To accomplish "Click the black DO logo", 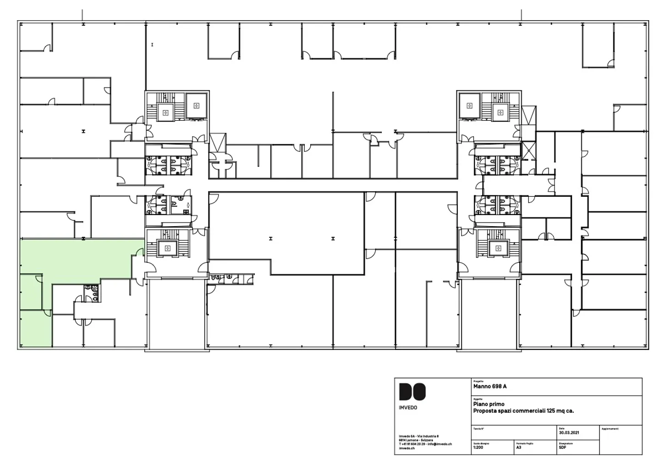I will pyautogui.click(x=412, y=392).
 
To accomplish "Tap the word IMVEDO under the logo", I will pyautogui.click(x=408, y=407).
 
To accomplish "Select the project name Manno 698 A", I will pyautogui.click(x=489, y=386).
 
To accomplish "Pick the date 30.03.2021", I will pyautogui.click(x=569, y=433).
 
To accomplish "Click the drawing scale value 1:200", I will pyautogui.click(x=478, y=447).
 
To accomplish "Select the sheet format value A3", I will pyautogui.click(x=519, y=447).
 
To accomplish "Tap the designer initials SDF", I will pyautogui.click(x=562, y=447).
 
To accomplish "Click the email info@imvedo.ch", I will pyautogui.click(x=440, y=444).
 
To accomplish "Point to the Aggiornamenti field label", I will pyautogui.click(x=610, y=429).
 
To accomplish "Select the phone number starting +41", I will pyautogui.click(x=412, y=444).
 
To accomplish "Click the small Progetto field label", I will pyautogui.click(x=478, y=381).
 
